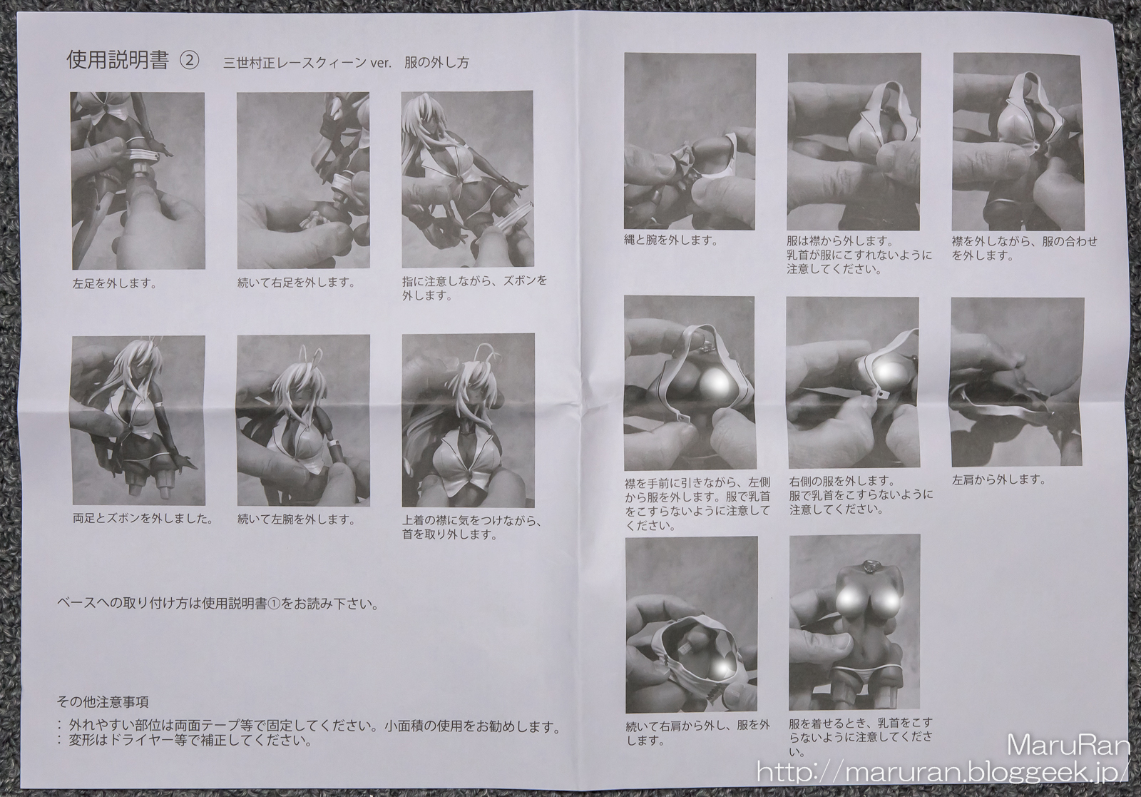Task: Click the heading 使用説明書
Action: [118, 61]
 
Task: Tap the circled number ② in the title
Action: [190, 61]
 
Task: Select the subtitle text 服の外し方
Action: [436, 63]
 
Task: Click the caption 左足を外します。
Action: [115, 284]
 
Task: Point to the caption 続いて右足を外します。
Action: [297, 283]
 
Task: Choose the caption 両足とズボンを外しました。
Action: [143, 519]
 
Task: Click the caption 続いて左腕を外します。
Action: [297, 519]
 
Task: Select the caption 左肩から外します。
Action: [999, 479]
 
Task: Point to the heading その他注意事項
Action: [103, 702]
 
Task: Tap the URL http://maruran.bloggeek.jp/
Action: [943, 773]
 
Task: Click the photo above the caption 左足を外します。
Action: [138, 181]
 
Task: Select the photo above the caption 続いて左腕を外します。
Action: [304, 420]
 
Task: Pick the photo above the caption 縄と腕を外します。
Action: [690, 141]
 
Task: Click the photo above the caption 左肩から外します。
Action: [1017, 382]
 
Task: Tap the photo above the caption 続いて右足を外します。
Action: [304, 181]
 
